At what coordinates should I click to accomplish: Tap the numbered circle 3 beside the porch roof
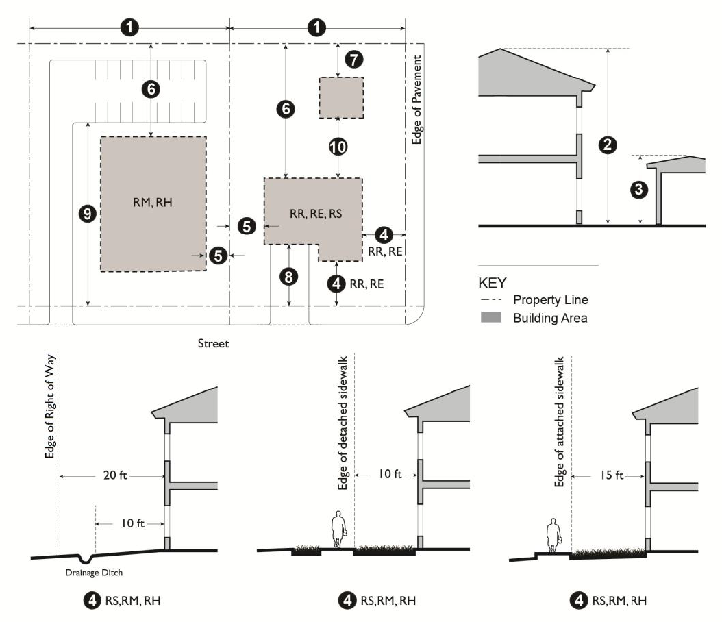[638, 190]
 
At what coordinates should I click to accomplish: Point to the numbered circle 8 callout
[290, 277]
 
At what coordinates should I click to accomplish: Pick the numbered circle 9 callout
[88, 214]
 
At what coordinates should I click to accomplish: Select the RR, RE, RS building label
[315, 214]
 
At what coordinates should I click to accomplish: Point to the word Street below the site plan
[214, 343]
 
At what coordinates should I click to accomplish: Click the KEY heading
[492, 282]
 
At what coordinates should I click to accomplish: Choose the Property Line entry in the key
[550, 300]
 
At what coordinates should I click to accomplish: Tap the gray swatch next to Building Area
[491, 318]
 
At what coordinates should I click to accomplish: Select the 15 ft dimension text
[610, 475]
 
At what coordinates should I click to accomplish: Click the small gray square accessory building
[341, 97]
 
